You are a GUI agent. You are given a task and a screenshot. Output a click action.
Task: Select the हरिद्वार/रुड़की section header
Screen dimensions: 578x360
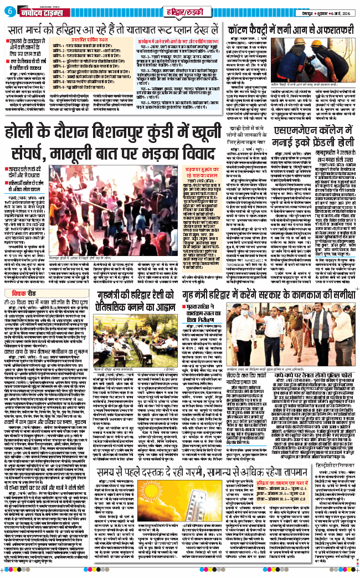pyautogui.click(x=180, y=11)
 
